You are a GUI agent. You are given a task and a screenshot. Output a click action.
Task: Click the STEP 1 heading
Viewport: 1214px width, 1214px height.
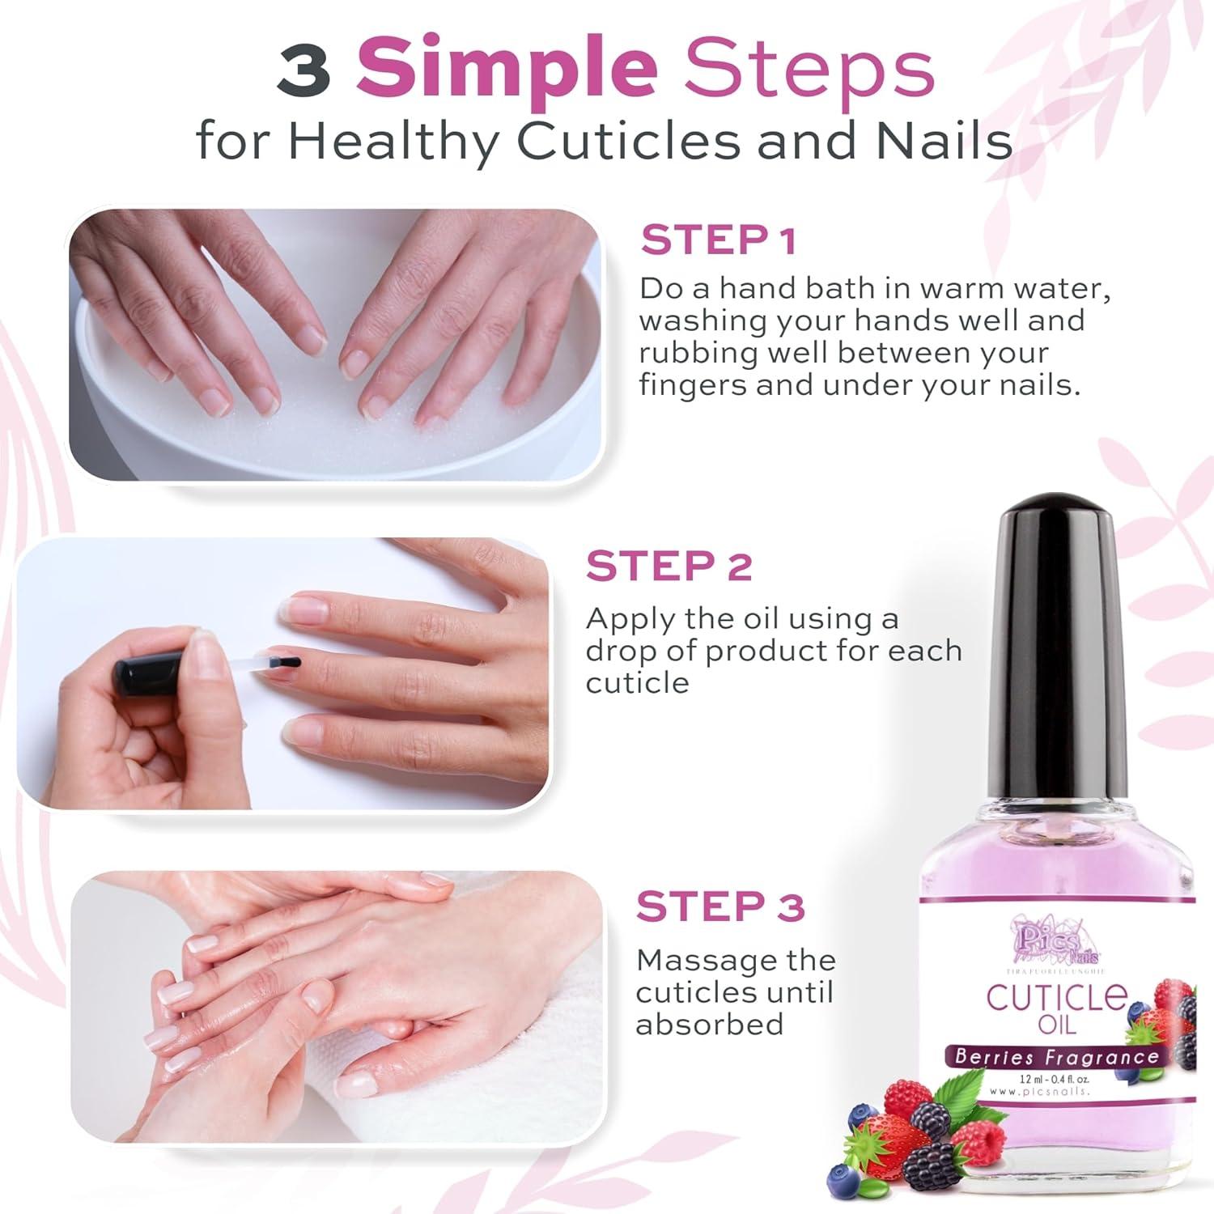click(x=718, y=240)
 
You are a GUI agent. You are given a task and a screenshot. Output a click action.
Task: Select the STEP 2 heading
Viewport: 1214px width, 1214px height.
click(x=669, y=566)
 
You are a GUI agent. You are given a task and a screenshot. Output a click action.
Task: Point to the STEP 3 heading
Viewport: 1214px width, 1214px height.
click(x=719, y=906)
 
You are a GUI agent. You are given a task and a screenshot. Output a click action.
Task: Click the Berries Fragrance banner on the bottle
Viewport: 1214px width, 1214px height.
click(x=1056, y=1056)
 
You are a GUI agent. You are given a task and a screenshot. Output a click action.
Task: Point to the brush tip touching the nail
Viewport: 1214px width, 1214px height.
click(x=292, y=663)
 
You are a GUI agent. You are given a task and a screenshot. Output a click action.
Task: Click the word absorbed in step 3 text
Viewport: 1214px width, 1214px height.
click(x=709, y=1025)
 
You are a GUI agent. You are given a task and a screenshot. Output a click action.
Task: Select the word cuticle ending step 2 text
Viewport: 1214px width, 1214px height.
click(x=637, y=683)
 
